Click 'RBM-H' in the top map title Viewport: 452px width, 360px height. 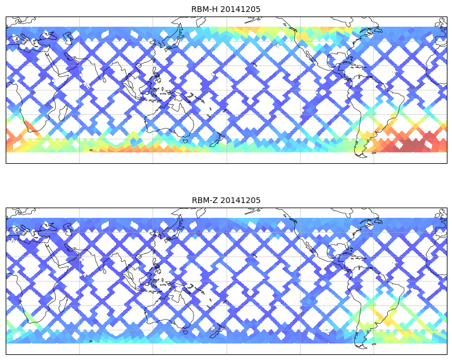[x=205, y=9]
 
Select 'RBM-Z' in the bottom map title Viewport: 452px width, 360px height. [x=205, y=200]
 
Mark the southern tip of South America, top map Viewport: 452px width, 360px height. [x=359, y=154]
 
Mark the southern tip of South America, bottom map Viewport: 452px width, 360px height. [x=359, y=345]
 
